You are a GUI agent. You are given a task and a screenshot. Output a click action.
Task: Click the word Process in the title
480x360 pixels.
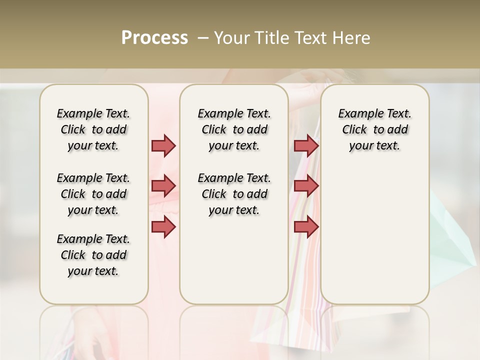coord(154,38)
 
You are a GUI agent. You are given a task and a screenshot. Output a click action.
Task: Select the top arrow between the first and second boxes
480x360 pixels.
coord(163,145)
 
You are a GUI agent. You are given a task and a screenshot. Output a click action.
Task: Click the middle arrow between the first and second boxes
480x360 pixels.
coord(163,186)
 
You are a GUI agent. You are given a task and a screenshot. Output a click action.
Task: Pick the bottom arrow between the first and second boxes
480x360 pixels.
coord(163,226)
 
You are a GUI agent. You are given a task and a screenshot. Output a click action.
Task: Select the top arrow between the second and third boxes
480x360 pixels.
coord(306,145)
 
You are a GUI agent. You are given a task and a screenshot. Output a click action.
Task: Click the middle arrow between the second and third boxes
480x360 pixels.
coord(306,186)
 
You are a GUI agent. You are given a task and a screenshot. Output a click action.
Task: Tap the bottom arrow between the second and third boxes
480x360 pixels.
coord(306,226)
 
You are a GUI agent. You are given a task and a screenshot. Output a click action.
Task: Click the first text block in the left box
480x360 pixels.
coord(93,129)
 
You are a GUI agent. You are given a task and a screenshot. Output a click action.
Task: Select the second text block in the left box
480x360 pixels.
coord(93,194)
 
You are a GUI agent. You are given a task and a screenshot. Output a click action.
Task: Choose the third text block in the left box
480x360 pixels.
coord(93,255)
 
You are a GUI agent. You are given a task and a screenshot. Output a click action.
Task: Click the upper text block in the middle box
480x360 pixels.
coord(234,129)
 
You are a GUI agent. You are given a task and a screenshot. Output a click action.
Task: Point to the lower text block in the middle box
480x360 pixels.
coord(234,194)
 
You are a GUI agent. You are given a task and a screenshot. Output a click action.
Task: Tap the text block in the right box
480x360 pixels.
coord(374,129)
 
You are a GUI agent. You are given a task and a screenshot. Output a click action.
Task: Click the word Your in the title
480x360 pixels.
coord(232,38)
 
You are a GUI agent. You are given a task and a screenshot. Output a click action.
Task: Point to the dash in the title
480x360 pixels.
coord(203,38)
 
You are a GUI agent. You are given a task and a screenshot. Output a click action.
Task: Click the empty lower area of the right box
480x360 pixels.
coord(374,240)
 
